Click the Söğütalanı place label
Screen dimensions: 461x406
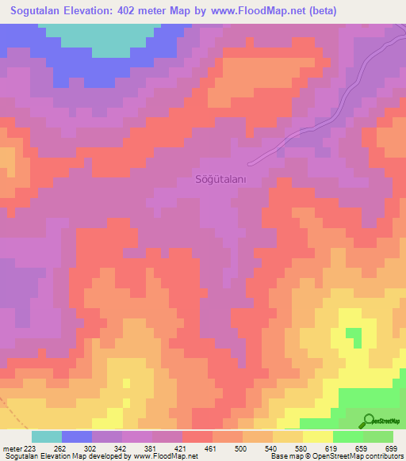click(x=222, y=180)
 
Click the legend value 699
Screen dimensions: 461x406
click(x=390, y=448)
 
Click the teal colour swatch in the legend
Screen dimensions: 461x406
click(x=47, y=436)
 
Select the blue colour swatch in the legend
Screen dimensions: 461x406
click(x=77, y=436)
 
